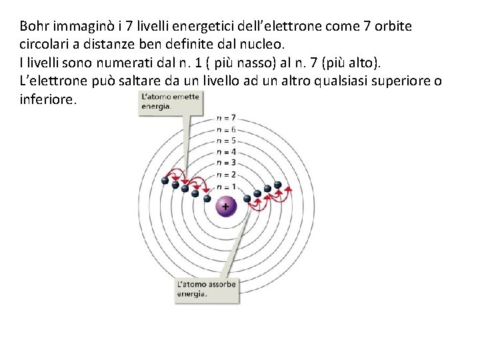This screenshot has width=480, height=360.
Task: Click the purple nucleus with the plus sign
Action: (x=225, y=207)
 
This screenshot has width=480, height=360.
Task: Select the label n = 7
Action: (x=227, y=118)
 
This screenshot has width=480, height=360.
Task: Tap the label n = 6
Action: (x=227, y=129)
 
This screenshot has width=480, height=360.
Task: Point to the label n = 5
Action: (x=227, y=141)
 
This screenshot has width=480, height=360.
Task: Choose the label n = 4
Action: (x=227, y=152)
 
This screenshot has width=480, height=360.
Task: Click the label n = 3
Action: (x=227, y=163)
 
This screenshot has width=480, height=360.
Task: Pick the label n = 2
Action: (x=227, y=175)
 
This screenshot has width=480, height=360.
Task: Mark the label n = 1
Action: (x=227, y=187)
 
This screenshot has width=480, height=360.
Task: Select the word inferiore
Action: (x=48, y=100)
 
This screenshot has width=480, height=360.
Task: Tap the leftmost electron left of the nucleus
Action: (x=165, y=180)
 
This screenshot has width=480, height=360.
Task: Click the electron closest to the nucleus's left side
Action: (x=207, y=198)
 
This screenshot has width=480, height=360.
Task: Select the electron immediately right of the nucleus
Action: (x=247, y=198)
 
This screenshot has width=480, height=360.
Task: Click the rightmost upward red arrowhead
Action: (x=289, y=188)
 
